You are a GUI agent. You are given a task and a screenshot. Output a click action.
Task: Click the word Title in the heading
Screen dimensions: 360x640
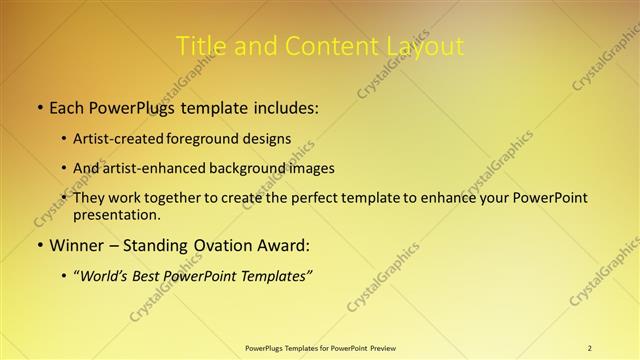200,46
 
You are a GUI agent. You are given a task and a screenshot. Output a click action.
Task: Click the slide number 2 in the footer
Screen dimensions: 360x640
590,347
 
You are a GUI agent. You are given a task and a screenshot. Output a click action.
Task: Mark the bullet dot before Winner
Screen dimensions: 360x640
39,245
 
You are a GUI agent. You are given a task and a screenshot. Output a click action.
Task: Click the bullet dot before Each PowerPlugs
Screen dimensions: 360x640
39,107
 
